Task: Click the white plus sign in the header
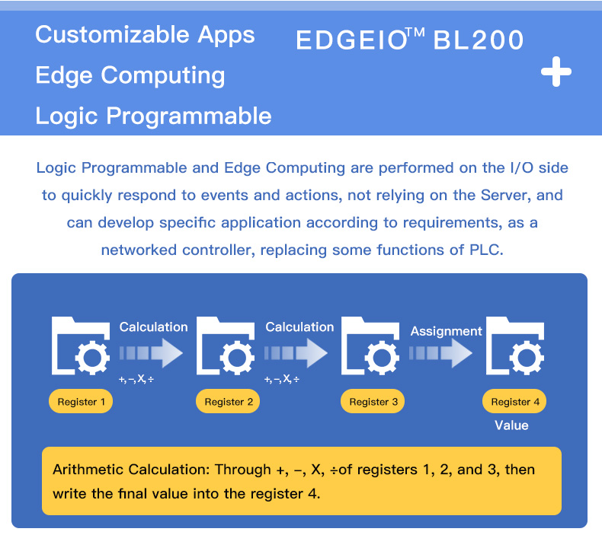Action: [556, 72]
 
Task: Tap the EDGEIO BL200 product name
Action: [410, 39]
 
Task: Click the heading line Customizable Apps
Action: [145, 35]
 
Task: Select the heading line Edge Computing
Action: [130, 75]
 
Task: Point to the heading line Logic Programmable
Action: [153, 116]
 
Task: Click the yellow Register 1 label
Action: [81, 402]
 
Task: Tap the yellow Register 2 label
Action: [228, 402]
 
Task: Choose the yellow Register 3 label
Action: [373, 402]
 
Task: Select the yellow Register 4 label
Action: [514, 402]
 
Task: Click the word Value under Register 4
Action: [511, 425]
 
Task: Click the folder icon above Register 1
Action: [81, 346]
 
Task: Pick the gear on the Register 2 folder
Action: [237, 358]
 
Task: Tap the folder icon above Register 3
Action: [370, 346]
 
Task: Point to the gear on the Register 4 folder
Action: [527, 358]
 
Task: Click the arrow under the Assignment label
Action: [440, 353]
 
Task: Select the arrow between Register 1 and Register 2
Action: [151, 353]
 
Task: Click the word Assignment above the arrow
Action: [446, 331]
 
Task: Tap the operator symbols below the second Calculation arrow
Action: [282, 379]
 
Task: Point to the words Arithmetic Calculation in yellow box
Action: [130, 470]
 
